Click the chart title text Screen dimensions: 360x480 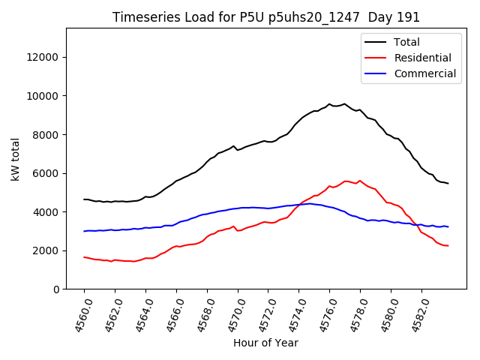266,17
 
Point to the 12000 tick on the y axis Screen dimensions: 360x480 42,57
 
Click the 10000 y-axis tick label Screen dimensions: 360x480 42,96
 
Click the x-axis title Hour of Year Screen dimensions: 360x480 265,343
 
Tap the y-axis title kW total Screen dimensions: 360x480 15,159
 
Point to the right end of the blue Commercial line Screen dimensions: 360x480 448,226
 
